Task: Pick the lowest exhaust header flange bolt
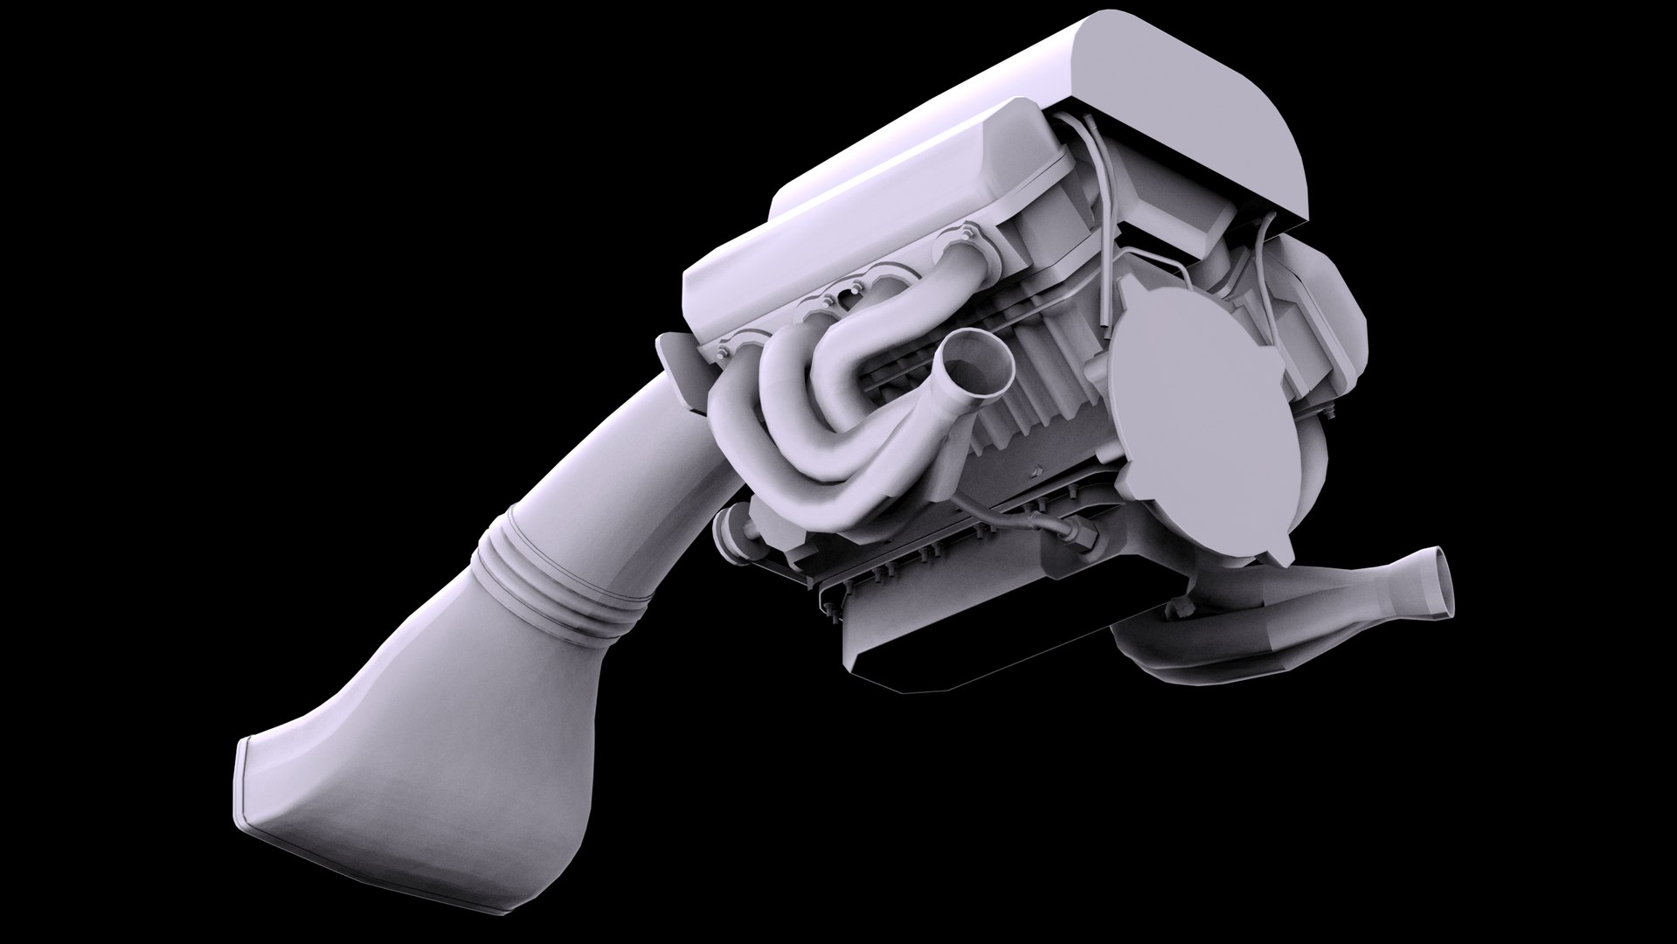(x=722, y=353)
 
